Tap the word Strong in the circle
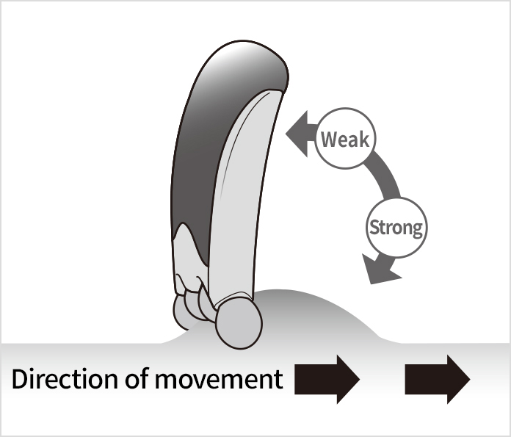(396, 227)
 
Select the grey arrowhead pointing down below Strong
(380, 272)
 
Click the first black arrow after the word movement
(327, 379)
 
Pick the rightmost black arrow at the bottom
(437, 379)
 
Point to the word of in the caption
(134, 379)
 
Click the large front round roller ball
(239, 321)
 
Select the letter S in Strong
(374, 227)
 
